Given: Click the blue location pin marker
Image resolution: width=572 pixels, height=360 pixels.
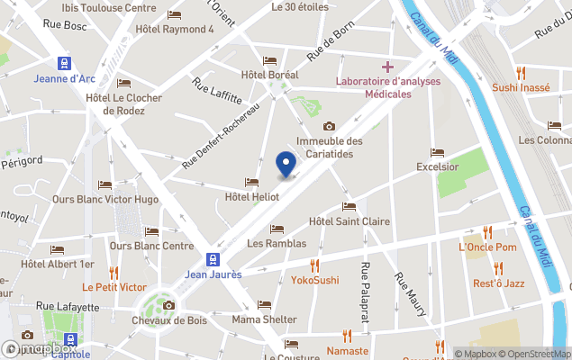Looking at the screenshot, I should [286, 166].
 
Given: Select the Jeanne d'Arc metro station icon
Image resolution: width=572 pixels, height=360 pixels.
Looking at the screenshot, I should [64, 63].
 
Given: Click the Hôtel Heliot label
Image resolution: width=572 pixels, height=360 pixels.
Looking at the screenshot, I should [251, 196].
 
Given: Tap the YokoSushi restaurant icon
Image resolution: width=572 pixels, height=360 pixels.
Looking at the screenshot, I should [314, 265].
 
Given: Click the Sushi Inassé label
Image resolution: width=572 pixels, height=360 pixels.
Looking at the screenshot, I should [522, 87].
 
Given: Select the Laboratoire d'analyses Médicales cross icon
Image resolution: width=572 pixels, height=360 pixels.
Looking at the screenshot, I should [387, 67].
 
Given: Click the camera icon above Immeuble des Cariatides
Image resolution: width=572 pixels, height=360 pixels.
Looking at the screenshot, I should [329, 126].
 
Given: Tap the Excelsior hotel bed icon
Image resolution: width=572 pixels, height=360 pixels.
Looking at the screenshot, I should [438, 152].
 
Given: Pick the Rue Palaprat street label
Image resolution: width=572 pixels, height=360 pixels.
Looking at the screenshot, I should [366, 291].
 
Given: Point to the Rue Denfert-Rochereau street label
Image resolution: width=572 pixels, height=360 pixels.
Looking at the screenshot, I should [220, 135].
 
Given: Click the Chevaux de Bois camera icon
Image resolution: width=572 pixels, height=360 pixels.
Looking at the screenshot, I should [168, 305].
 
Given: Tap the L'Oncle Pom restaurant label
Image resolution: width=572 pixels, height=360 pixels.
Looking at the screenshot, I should [487, 247].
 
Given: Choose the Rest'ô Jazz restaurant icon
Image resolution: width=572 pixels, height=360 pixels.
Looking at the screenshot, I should [498, 267].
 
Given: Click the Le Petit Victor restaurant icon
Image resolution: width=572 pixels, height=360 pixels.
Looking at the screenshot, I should [114, 272].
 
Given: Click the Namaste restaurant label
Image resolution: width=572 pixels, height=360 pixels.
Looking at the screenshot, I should [348, 350].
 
